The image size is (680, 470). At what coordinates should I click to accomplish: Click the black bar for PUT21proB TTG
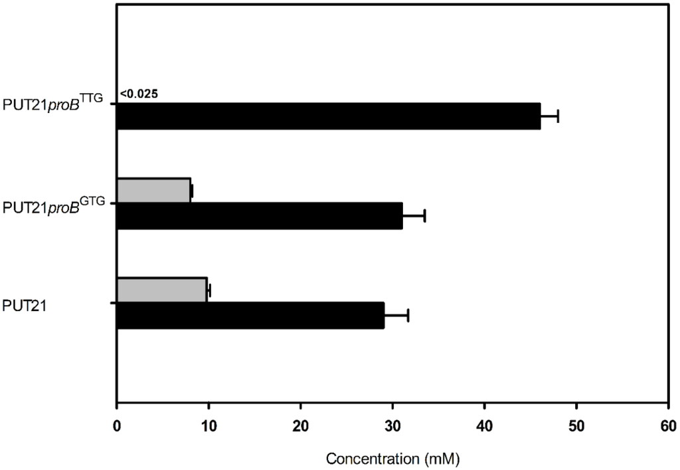point(328,116)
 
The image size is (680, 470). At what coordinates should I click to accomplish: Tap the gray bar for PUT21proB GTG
point(153,191)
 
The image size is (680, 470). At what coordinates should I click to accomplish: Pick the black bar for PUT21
point(250,315)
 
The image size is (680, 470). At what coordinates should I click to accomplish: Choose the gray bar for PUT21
point(161,290)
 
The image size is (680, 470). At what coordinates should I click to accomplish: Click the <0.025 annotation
point(139,94)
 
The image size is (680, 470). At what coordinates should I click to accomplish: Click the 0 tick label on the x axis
point(117,426)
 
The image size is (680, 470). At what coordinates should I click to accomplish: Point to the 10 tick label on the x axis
point(209,426)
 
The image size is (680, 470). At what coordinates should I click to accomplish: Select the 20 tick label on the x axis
point(301,426)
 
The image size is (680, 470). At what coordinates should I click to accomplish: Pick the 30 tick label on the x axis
point(392,426)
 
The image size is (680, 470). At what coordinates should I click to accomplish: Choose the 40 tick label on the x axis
point(485,426)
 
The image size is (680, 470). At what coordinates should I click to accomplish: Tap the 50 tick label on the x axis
point(576,426)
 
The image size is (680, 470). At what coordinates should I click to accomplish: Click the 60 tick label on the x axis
point(668,426)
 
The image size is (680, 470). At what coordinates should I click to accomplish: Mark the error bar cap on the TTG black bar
point(558,116)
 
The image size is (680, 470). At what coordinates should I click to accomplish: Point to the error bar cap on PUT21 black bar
point(408,315)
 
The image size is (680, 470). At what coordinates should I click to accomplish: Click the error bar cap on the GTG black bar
point(424,215)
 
